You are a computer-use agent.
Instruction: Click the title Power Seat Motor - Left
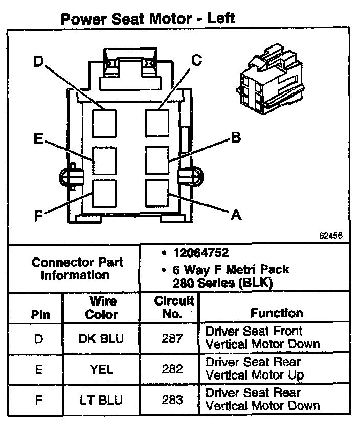pyautogui.click(x=147, y=19)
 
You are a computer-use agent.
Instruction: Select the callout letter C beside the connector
pyautogui.click(x=197, y=60)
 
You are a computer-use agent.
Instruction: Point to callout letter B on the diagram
pyautogui.click(x=235, y=137)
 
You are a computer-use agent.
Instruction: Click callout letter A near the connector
pyautogui.click(x=235, y=216)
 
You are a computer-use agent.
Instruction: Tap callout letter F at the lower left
pyautogui.click(x=38, y=216)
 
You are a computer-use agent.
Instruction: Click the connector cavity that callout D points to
pyautogui.click(x=104, y=122)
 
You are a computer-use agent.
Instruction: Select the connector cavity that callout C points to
pyautogui.click(x=157, y=122)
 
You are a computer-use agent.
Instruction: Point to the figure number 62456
pyautogui.click(x=331, y=236)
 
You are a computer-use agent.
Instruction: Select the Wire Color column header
pyautogui.click(x=101, y=308)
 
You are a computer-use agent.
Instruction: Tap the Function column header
pyautogui.click(x=277, y=313)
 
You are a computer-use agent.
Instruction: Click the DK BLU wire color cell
pyautogui.click(x=101, y=338)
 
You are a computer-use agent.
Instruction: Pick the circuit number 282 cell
pyautogui.click(x=172, y=369)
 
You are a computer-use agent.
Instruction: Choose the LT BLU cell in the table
pyautogui.click(x=101, y=400)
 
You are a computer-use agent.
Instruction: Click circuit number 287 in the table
pyautogui.click(x=172, y=338)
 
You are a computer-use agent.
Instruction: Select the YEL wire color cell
pyautogui.click(x=101, y=369)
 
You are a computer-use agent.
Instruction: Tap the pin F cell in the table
pyautogui.click(x=38, y=400)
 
